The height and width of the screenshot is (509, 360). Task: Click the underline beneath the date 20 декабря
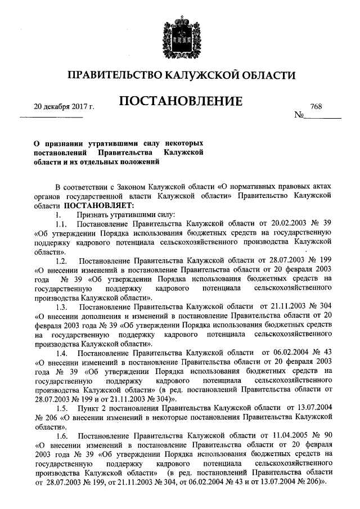click(51, 117)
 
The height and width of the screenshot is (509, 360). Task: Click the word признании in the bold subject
click(65, 144)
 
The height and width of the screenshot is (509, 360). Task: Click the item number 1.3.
click(61, 307)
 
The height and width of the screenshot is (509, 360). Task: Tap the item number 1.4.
click(61, 353)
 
